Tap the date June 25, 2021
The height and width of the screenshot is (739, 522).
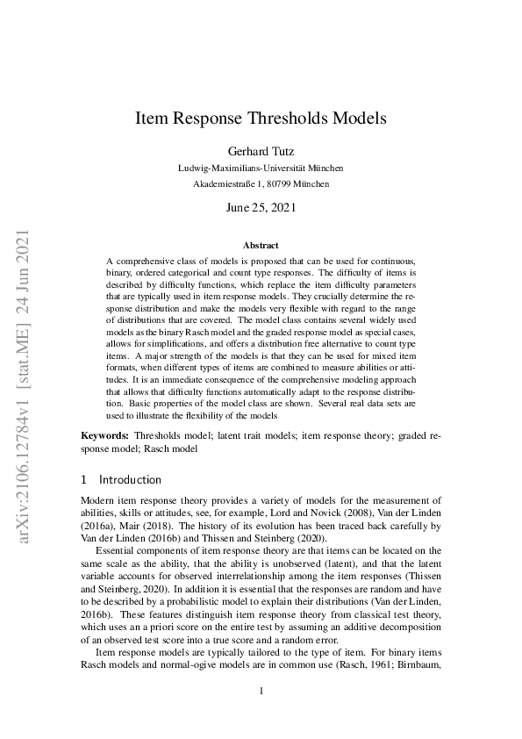[x=261, y=208]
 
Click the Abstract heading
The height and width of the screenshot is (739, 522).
[x=261, y=246]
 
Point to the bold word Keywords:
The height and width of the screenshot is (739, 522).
[x=105, y=436]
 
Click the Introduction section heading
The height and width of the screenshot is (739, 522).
[x=131, y=480]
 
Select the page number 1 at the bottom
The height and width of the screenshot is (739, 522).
[x=261, y=691]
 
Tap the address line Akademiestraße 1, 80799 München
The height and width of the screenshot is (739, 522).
[x=261, y=184]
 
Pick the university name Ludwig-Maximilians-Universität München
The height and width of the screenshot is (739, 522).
[x=261, y=168]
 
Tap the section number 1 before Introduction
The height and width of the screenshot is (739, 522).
[x=84, y=480]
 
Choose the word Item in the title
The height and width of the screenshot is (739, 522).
[x=150, y=117]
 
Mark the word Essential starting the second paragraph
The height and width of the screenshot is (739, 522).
[x=118, y=550]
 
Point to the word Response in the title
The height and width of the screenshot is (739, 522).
[x=203, y=117]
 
